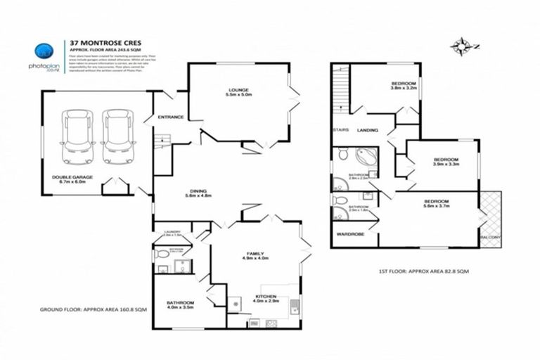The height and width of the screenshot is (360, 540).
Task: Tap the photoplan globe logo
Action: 44,51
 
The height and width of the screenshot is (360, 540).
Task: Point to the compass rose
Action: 461,47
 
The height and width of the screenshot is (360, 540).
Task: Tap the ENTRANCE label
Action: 170,117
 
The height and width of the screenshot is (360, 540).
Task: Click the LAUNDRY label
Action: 173,232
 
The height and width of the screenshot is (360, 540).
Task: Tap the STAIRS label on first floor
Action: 342,130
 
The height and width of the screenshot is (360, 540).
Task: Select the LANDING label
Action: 368,130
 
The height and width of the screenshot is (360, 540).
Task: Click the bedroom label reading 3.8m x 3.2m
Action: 404,86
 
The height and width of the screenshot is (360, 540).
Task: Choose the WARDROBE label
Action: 349,233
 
